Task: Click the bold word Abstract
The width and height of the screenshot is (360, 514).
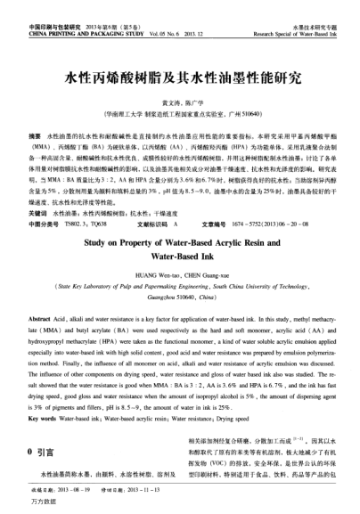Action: tap(40, 293)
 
